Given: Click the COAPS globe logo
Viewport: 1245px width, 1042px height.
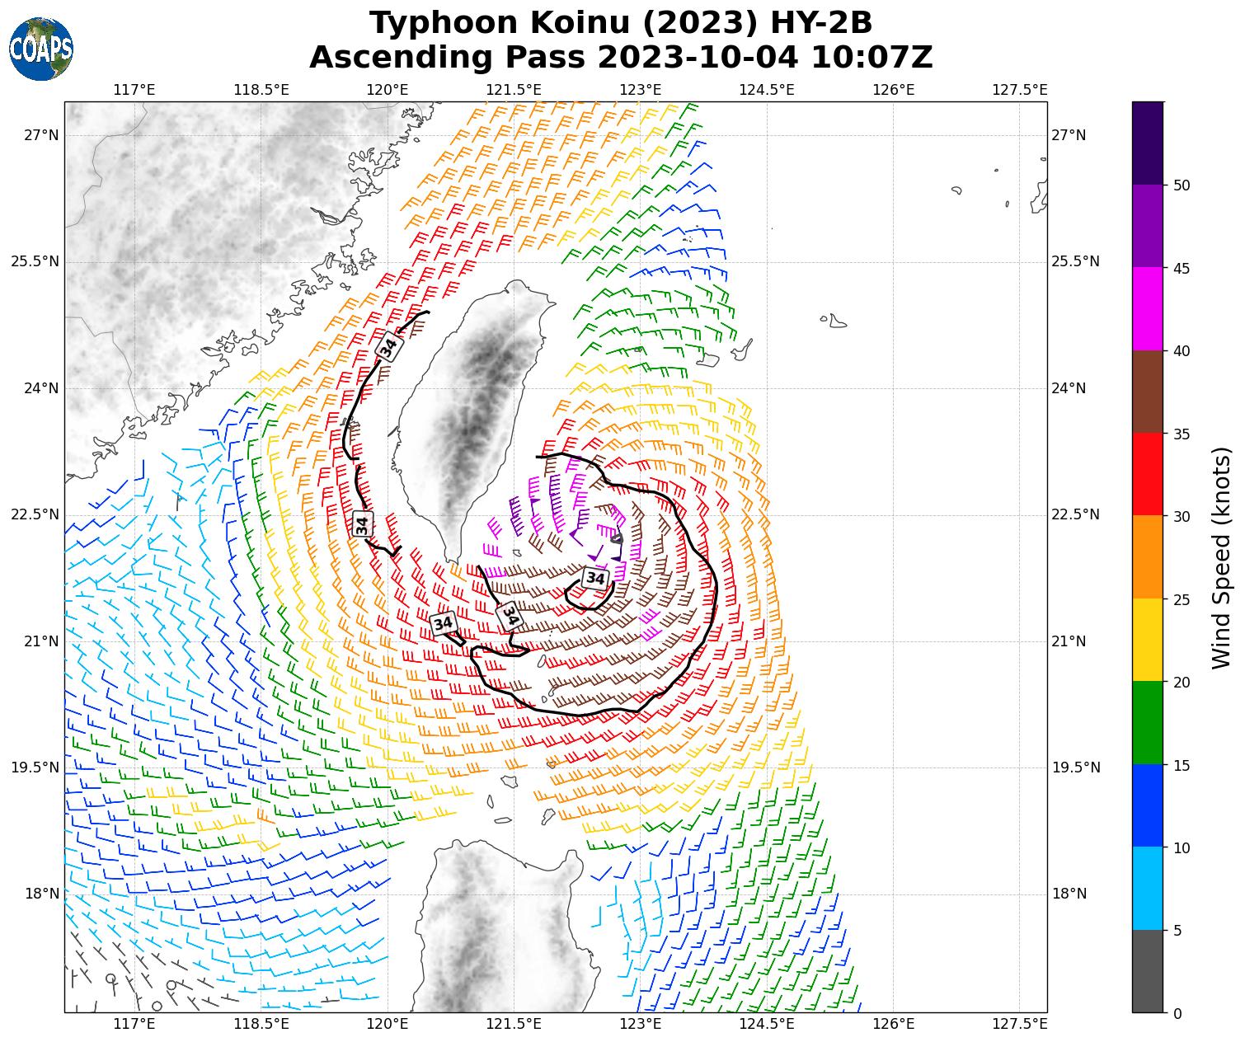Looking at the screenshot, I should coord(41,49).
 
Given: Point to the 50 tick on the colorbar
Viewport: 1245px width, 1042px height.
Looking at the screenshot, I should coord(1182,185).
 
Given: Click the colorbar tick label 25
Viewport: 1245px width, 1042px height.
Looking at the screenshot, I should coord(1182,599).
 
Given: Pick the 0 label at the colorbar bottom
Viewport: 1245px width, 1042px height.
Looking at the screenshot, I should coord(1177,1013).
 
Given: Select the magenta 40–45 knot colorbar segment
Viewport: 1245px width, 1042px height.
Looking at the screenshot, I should coord(1148,309).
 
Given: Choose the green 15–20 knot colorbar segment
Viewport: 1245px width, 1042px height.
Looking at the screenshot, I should coord(1148,722).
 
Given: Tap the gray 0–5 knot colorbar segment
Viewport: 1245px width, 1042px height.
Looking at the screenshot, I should coord(1148,971).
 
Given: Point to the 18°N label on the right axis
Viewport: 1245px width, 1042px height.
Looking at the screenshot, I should coord(1069,894).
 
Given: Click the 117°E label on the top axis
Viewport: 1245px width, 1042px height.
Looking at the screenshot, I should coord(134,90).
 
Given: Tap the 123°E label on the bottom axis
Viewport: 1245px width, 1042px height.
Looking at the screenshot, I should coord(641,1024).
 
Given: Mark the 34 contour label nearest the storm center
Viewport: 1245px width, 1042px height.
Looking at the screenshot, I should coord(594,578).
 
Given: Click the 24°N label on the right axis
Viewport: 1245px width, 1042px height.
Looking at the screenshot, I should coord(1069,388).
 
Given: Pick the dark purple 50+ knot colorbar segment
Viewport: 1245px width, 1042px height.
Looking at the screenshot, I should coord(1148,143).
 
